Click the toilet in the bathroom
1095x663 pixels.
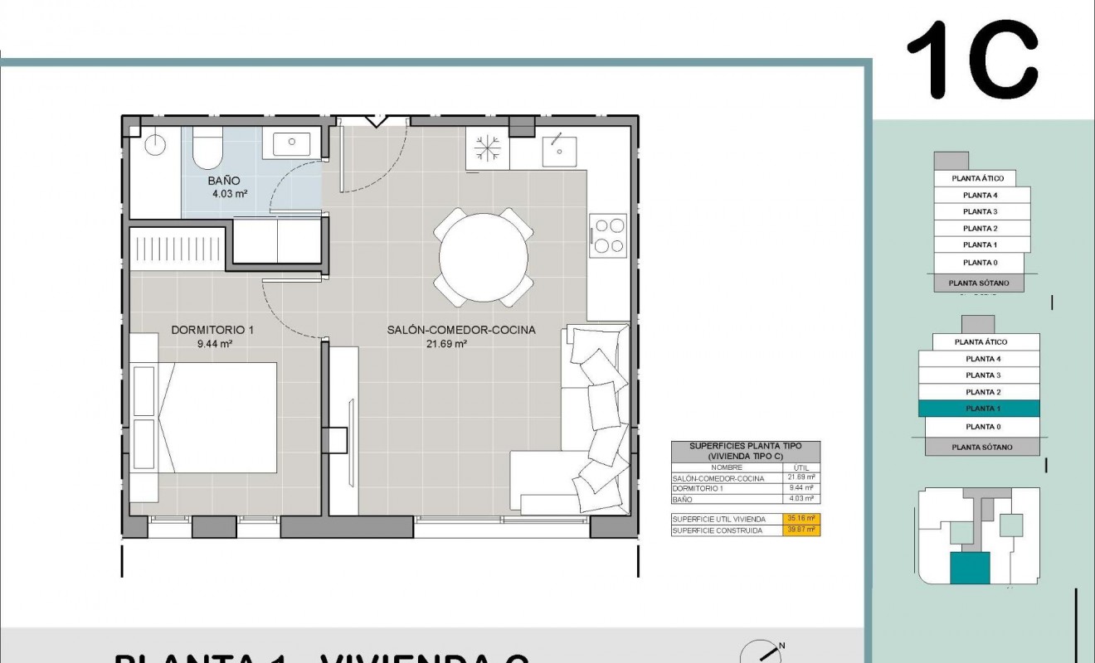coord(207,148)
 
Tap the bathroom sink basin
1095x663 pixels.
coord(292,142)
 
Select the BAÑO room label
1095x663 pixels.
coord(224,180)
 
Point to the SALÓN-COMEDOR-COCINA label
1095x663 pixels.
coord(461,330)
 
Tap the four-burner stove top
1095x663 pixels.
coord(608,236)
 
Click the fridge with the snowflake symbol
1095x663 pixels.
coord(487,149)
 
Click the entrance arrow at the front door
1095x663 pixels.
coord(377,121)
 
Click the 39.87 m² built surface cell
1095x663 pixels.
coord(801,530)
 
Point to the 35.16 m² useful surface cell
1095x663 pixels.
coord(801,519)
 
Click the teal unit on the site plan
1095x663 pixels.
coord(969,569)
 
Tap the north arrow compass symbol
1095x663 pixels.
coord(760,653)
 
